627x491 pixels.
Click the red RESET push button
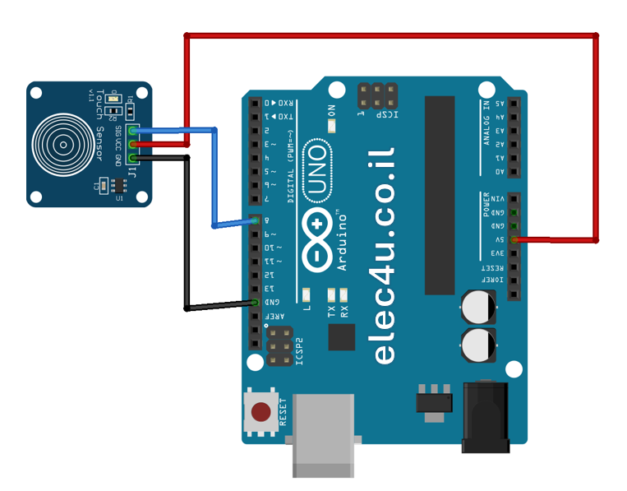(x=261, y=412)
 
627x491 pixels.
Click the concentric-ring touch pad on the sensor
(x=62, y=144)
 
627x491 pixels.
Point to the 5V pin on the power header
(x=514, y=239)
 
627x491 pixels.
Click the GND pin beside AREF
(x=255, y=303)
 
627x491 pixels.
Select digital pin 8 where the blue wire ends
(x=255, y=220)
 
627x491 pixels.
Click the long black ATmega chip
(x=440, y=195)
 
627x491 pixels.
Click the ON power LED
(x=332, y=126)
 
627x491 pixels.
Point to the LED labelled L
(x=307, y=294)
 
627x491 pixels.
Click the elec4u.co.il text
(x=385, y=255)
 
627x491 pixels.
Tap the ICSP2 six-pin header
(x=280, y=346)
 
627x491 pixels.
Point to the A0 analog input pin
(x=514, y=171)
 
